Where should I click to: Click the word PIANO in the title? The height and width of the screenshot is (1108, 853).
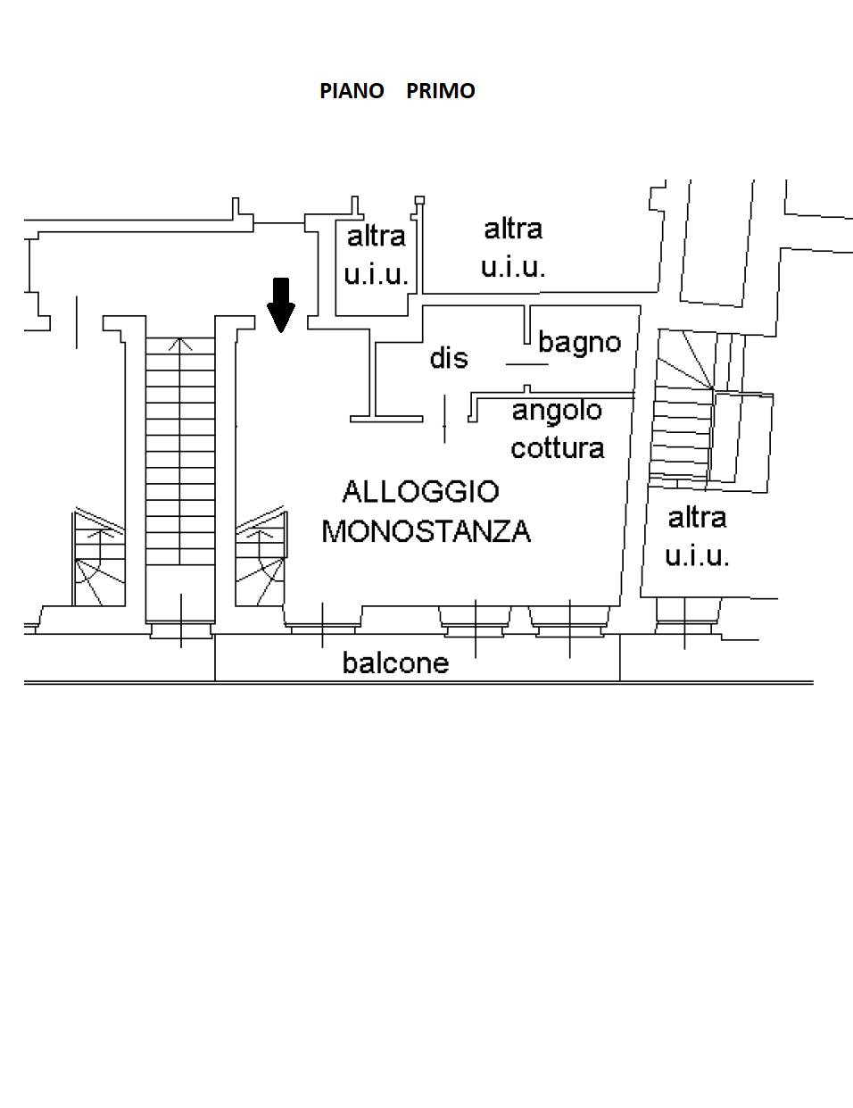[352, 91]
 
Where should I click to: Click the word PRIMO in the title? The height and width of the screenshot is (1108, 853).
[441, 91]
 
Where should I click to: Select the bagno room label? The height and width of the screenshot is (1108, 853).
[579, 342]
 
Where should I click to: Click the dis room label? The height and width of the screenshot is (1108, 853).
[448, 358]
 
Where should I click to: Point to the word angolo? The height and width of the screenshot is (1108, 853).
[557, 411]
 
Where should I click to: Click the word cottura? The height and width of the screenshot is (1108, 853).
[557, 447]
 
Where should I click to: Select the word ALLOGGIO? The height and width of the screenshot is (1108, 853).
[420, 491]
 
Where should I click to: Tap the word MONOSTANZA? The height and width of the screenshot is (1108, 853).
[426, 531]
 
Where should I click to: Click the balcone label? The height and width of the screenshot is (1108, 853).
[395, 662]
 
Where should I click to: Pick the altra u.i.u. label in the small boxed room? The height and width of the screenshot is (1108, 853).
[376, 254]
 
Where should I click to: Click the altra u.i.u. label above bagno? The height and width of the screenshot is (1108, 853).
[513, 247]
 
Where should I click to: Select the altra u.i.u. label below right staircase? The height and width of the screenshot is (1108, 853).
[697, 536]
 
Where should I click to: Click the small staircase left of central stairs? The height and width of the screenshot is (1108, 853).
[98, 558]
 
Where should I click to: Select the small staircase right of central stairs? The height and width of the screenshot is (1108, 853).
[261, 558]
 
